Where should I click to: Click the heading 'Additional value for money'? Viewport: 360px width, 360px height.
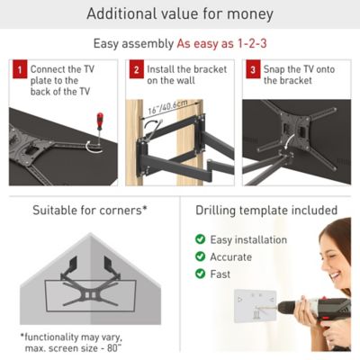click(179, 14)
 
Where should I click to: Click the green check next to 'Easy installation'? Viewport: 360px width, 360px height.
click(200, 239)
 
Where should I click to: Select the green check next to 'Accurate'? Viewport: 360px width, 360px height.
click(200, 256)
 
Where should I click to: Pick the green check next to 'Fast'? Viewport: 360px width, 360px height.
click(200, 274)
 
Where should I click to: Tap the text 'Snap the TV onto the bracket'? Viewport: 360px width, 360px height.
click(298, 74)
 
